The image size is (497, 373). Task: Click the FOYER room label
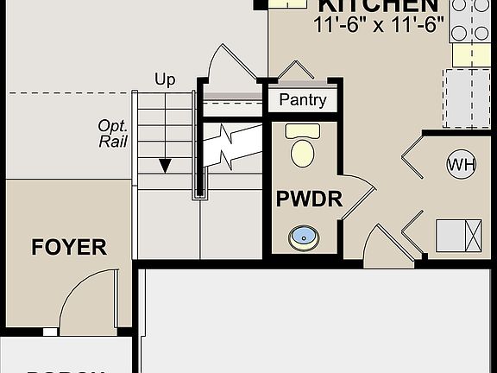click(x=69, y=248)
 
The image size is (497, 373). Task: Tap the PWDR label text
click(x=309, y=199)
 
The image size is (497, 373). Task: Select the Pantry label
click(x=303, y=100)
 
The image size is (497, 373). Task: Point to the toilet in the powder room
click(x=302, y=152)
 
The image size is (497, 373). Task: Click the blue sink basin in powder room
click(x=302, y=235)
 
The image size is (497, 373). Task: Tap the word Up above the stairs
click(x=165, y=79)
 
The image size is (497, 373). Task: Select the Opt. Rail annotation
click(x=113, y=132)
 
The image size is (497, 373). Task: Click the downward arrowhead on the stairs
click(x=165, y=165)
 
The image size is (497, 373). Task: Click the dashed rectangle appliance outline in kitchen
click(x=467, y=98)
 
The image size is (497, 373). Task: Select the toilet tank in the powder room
click(x=302, y=130)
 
